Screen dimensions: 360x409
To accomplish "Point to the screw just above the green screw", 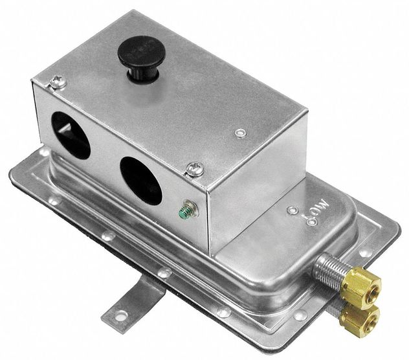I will (x=195, y=169).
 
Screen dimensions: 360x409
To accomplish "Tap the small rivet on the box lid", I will (x=241, y=133).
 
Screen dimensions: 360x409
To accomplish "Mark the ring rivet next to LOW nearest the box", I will (x=293, y=210).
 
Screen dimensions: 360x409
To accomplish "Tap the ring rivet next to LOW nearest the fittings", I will (x=311, y=222).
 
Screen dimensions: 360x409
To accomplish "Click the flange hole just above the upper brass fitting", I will (x=365, y=253).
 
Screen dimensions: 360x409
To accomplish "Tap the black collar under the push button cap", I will (x=140, y=74).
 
